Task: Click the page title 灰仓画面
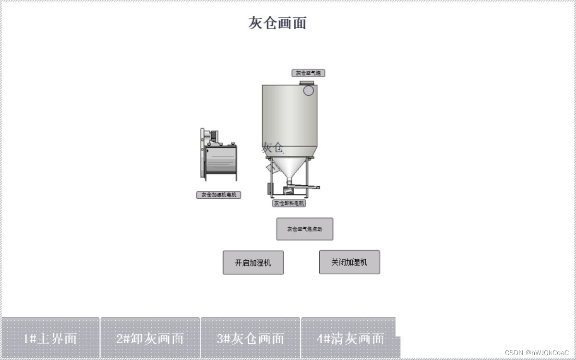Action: click(x=277, y=23)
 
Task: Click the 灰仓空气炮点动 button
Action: click(x=305, y=229)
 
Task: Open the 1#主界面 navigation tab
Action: click(x=50, y=338)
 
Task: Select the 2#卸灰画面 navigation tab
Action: click(x=150, y=338)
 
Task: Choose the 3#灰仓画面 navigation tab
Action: click(x=250, y=338)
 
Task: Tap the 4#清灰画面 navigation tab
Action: click(x=350, y=338)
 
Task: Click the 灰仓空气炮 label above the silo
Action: click(x=308, y=73)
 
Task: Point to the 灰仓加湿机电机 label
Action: click(x=218, y=195)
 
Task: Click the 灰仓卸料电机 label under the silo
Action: click(x=289, y=203)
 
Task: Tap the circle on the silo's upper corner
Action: click(x=309, y=90)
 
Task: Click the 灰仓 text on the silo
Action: click(x=272, y=147)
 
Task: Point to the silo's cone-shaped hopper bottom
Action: click(x=289, y=168)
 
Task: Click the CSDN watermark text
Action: click(x=537, y=353)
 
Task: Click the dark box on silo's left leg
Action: click(x=270, y=188)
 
